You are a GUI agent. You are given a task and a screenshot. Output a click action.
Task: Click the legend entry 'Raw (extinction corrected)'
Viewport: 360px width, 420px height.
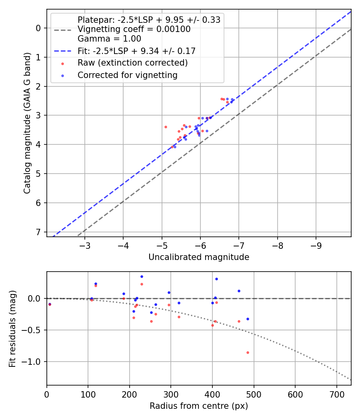(x=132, y=63)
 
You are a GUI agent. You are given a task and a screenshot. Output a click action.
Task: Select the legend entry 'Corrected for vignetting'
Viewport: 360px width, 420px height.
(x=127, y=75)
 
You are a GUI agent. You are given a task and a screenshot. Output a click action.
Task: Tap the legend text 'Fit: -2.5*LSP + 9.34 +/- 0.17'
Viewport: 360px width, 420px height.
(x=136, y=51)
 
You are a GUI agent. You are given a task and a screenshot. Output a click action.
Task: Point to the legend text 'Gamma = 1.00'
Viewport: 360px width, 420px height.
(x=109, y=39)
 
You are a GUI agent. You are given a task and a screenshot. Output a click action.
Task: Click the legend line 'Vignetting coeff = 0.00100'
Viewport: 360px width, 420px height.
(x=134, y=29)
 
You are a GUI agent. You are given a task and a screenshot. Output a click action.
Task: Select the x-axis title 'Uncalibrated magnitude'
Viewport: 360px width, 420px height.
(x=199, y=257)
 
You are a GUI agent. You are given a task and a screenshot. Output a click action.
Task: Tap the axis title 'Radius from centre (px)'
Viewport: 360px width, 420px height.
(x=199, y=406)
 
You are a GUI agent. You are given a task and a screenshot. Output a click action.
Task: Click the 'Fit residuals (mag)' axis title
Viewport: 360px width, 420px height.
(x=12, y=329)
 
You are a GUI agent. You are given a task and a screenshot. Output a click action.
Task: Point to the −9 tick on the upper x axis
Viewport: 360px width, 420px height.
(x=316, y=245)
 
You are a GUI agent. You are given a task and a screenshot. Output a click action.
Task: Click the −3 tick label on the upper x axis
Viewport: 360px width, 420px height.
(x=84, y=245)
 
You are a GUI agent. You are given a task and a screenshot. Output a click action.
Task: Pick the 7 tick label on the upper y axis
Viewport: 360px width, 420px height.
(x=39, y=232)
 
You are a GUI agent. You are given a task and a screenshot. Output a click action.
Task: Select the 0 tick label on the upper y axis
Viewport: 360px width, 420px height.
(x=39, y=28)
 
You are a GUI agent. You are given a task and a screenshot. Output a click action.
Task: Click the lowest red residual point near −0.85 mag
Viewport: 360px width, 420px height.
(x=248, y=352)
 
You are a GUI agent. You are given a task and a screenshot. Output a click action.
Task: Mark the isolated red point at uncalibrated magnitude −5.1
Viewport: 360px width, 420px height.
(x=166, y=127)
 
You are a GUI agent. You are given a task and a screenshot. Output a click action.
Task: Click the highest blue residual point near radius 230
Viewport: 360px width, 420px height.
(x=142, y=276)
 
